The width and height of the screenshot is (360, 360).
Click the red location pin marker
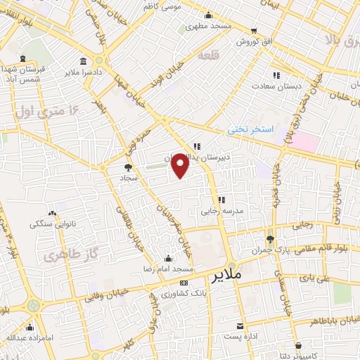tap(180, 165)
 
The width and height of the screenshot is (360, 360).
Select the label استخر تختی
tap(246, 130)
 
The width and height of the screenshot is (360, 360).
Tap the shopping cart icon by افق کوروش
tap(253, 31)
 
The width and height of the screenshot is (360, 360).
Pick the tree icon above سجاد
tap(127, 167)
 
